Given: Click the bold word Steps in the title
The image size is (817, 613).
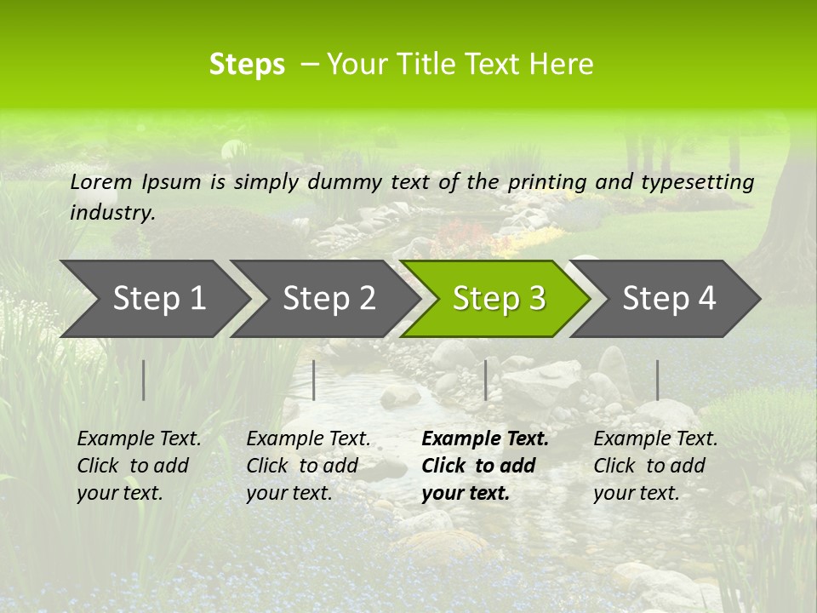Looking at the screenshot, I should point(247,65).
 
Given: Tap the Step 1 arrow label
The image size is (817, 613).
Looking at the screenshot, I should point(159,298).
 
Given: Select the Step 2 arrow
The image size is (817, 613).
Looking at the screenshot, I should point(329,298).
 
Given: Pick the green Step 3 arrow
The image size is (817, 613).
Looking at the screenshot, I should point(499,298).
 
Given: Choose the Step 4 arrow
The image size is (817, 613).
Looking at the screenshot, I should point(669,298).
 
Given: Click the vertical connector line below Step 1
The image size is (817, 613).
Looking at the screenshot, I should point(144,380).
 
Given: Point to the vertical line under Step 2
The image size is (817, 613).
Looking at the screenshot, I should point(314,380).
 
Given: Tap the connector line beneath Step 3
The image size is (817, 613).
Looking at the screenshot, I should point(485,380).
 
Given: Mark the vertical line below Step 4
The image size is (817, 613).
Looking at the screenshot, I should point(657,380).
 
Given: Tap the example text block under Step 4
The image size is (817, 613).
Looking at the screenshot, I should point(655,466).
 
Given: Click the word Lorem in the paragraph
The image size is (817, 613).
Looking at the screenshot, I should point(101,181).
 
